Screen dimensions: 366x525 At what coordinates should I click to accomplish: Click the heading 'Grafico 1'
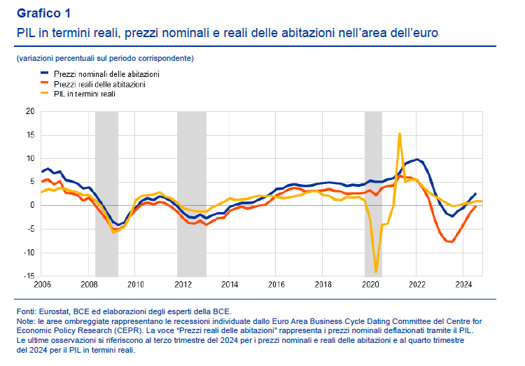(43, 13)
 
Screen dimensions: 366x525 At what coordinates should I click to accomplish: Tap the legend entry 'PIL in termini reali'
(84, 93)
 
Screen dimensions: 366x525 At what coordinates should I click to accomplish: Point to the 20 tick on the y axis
(29, 111)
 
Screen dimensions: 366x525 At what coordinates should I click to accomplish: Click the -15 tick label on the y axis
(28, 276)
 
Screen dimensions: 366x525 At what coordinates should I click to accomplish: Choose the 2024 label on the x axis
(464, 285)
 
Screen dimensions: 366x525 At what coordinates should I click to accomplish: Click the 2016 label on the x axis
(276, 285)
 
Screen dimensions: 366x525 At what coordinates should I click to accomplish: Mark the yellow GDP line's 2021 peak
(399, 134)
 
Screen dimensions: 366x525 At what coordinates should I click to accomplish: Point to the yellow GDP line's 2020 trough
(376, 272)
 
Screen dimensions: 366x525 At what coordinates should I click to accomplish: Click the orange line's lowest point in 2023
(451, 241)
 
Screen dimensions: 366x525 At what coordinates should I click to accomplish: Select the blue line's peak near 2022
(417, 160)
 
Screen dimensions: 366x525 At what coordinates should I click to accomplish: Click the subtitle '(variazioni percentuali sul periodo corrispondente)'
(105, 57)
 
